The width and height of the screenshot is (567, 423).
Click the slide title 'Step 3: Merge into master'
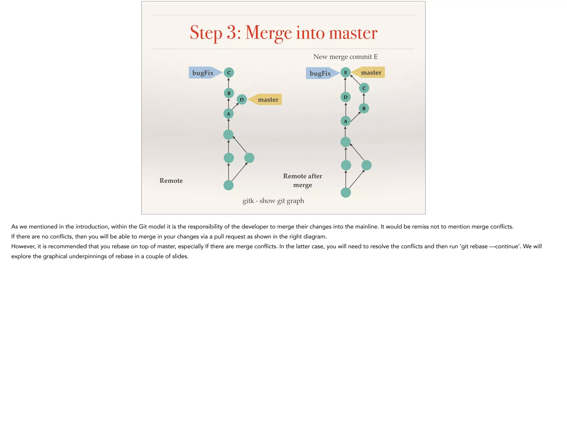283,32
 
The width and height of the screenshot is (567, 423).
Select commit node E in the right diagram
346,73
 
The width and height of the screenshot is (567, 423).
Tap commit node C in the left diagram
229,73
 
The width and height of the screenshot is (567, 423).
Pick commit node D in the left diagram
242,99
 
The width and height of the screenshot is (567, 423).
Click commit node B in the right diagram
364,108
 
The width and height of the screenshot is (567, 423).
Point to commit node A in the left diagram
228,114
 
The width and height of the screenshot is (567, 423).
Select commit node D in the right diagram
346,97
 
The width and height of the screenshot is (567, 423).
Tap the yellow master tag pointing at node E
370,73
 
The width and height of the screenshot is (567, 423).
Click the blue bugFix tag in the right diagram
321,73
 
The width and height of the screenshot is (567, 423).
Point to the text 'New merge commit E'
345,57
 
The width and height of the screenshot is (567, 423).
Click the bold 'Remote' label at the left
171,181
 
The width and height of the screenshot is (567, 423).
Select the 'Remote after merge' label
302,180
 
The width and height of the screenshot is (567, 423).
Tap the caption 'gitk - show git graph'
273,201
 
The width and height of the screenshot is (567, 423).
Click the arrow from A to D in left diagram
235,106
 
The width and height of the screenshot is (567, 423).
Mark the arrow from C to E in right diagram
355,80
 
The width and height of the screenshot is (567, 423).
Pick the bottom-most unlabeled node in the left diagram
228,185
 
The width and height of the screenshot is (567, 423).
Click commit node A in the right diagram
346,121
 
